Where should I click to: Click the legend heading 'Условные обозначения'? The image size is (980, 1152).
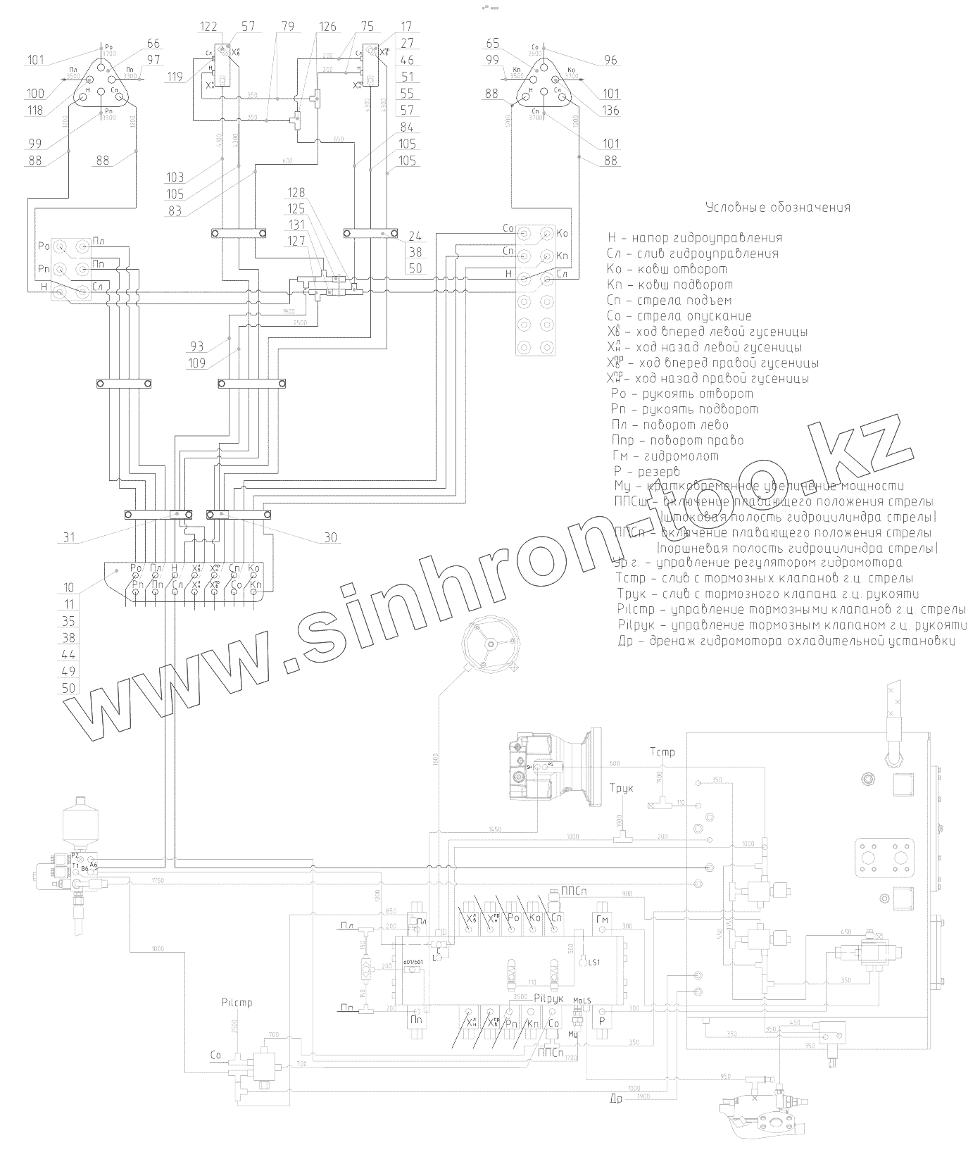coord(777,208)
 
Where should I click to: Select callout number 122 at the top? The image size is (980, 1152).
coord(208,27)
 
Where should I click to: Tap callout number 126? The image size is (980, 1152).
coord(327,27)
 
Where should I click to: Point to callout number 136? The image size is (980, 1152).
coord(610,110)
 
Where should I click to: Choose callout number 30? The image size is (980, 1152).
coord(329,538)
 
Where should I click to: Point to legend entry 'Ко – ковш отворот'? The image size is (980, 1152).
coord(667,269)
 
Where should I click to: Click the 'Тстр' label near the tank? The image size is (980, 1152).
coord(662,752)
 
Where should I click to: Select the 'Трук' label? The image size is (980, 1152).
coord(621,788)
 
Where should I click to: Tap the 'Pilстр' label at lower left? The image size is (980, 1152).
coord(236,1002)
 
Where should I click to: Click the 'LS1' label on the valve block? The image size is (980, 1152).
coord(596,963)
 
